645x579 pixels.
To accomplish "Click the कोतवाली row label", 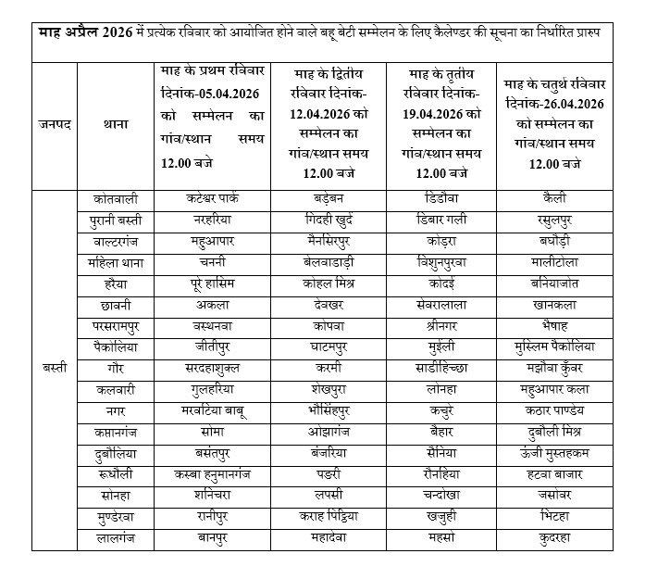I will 117,198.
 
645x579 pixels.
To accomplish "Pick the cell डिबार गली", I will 441,220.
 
